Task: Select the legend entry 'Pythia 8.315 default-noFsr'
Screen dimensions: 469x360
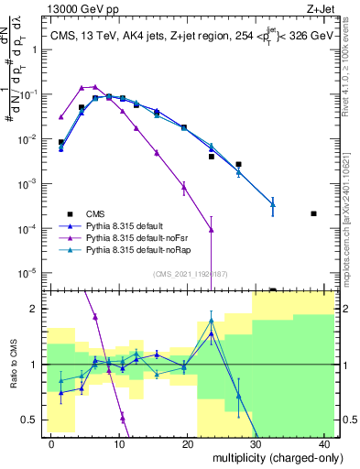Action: [136, 237]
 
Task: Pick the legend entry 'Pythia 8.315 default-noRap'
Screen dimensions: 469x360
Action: [137, 250]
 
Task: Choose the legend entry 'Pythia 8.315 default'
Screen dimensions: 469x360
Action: [124, 224]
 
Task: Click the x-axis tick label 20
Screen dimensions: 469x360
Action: [187, 443]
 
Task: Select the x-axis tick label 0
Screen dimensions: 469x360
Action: [51, 443]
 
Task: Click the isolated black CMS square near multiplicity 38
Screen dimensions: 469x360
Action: [314, 213]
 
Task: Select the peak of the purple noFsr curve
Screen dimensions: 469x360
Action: [94, 86]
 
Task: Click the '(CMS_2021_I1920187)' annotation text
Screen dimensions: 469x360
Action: [190, 274]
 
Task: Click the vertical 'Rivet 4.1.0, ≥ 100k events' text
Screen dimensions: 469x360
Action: [351, 75]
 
